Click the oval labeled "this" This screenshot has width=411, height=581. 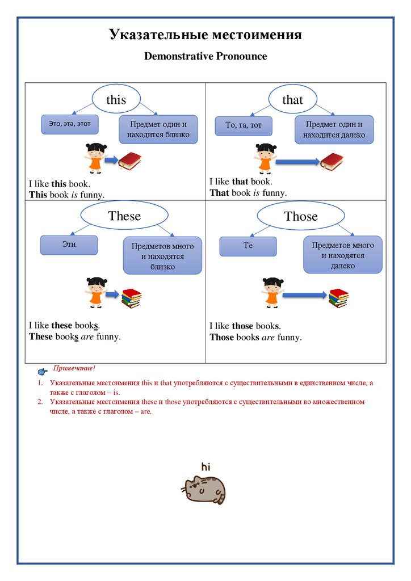click(x=116, y=99)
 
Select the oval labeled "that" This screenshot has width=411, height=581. click(x=292, y=100)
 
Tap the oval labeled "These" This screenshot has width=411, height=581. click(x=124, y=216)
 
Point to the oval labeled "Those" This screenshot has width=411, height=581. click(x=301, y=216)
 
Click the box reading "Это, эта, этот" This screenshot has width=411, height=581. click(x=70, y=124)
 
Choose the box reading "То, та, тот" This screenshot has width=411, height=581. click(x=244, y=125)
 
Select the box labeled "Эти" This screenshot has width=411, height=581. click(x=69, y=245)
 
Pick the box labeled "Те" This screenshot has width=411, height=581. click(x=248, y=246)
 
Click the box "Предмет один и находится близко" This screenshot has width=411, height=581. click(x=158, y=129)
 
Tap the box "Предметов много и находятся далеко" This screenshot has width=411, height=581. click(x=343, y=255)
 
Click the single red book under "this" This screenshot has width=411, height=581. click(x=130, y=161)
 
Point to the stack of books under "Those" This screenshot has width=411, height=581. click(x=338, y=297)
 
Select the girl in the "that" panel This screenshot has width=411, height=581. click(x=265, y=158)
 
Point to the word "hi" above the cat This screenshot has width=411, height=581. click(x=205, y=467)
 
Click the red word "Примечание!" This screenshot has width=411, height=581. click(x=74, y=369)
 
